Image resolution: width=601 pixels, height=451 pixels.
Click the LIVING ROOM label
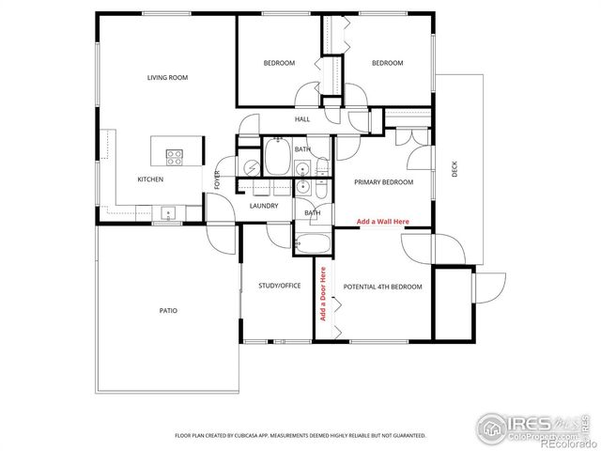coord(167,78)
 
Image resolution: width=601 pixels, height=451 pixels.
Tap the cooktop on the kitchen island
coord(175,155)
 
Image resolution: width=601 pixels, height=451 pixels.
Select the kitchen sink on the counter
coord(169,211)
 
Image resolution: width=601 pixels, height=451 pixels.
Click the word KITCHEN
coord(151,179)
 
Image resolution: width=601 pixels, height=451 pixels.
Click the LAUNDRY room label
coord(264,206)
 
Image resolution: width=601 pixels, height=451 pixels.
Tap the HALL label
coord(302,119)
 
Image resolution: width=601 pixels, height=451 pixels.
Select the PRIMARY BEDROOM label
coord(383,182)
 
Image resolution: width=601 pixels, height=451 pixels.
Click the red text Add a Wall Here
coord(383,222)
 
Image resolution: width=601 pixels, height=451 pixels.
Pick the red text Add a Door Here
coord(323,294)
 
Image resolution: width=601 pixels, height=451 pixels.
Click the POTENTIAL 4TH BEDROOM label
coord(383,287)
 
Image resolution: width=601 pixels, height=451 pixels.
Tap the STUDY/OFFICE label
coord(279,286)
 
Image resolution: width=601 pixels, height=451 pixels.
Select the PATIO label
coord(168,310)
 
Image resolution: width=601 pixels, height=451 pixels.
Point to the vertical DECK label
coord(455,170)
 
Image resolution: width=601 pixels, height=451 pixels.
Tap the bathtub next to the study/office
coord(312,243)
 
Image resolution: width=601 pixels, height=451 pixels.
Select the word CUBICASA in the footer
coord(250,436)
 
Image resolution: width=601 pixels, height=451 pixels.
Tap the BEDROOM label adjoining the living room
coord(279,63)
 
